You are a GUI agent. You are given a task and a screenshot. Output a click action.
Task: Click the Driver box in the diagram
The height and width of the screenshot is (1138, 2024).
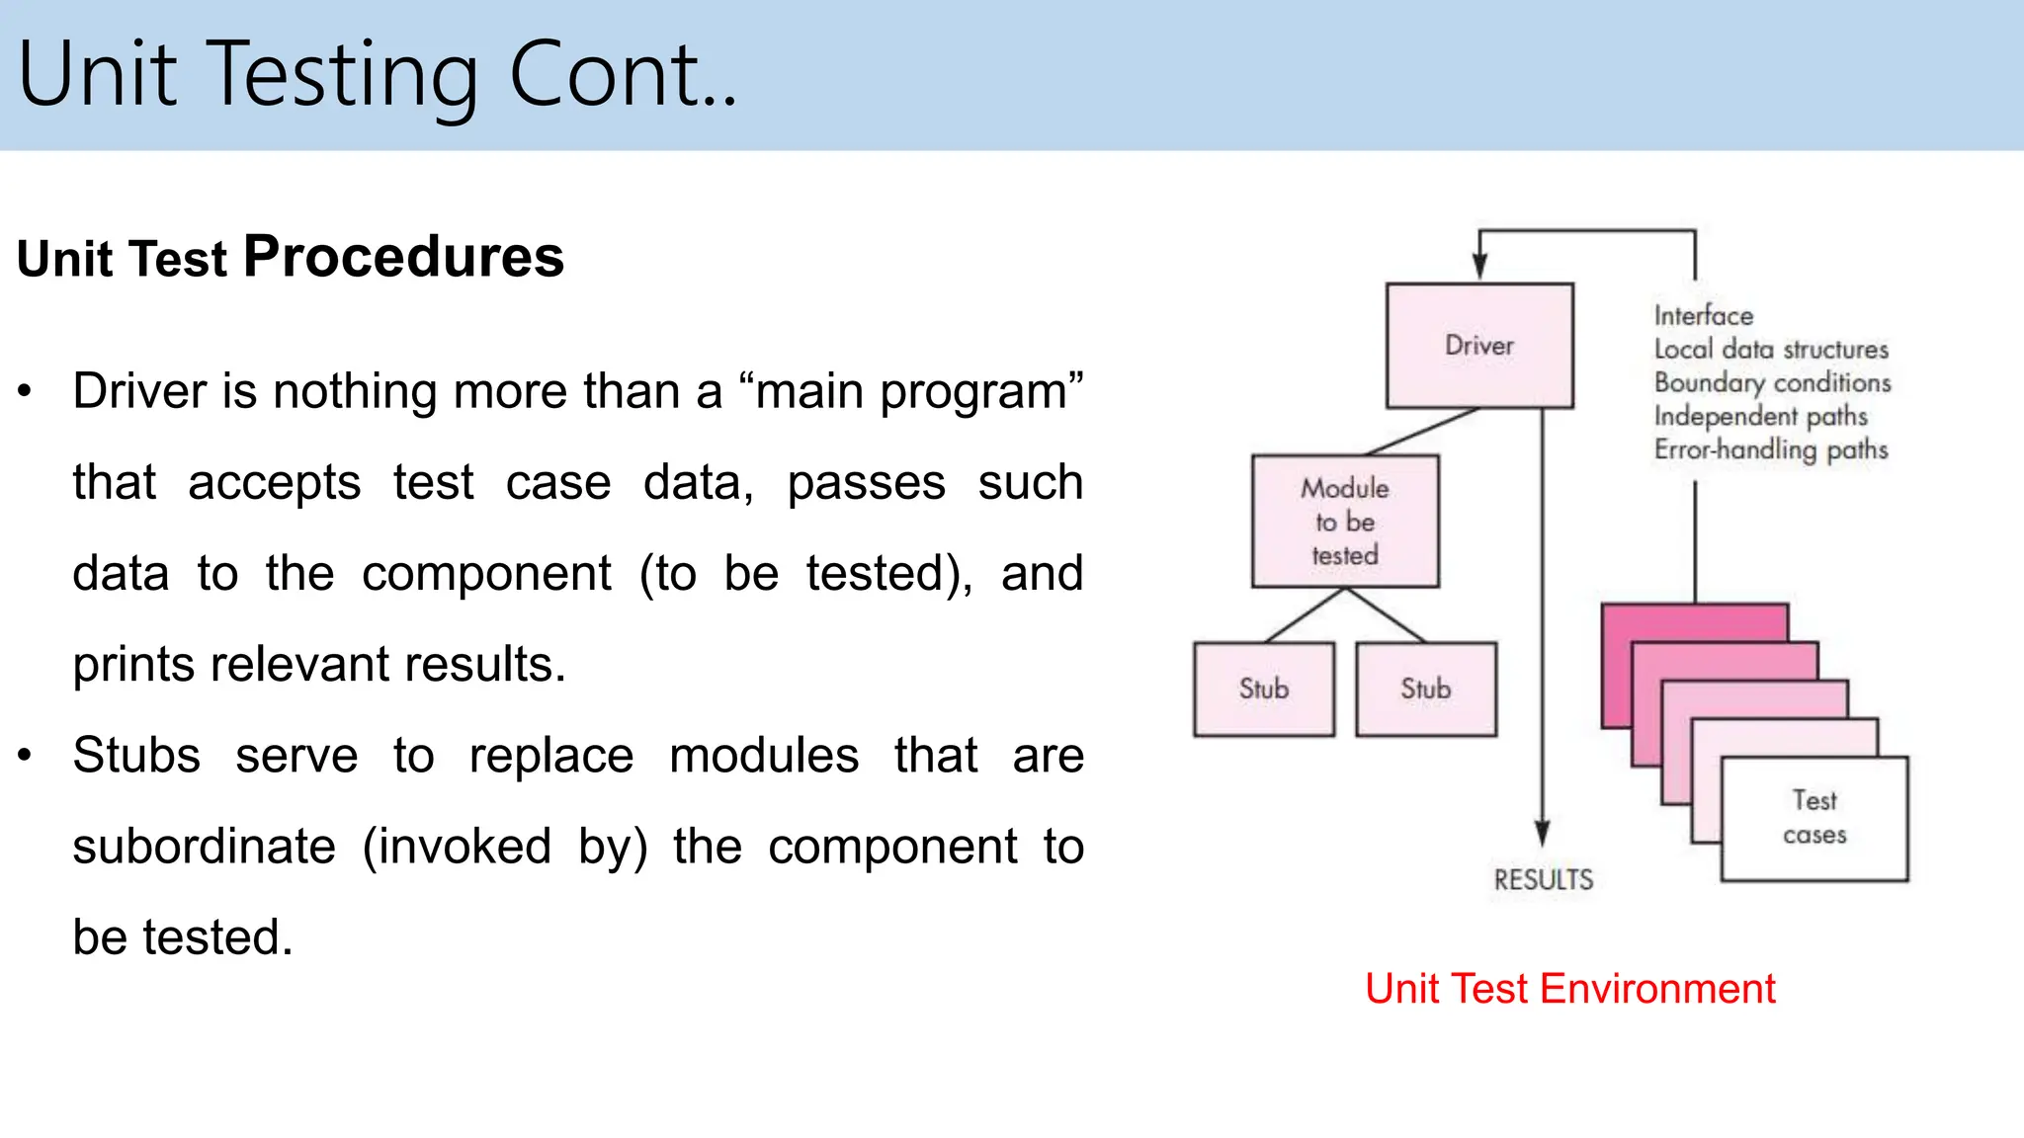[x=1479, y=346]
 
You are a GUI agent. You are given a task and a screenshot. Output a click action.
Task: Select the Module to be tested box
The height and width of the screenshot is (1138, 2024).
[x=1345, y=522]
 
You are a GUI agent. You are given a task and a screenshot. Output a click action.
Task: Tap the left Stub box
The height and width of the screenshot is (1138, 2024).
[x=1264, y=689]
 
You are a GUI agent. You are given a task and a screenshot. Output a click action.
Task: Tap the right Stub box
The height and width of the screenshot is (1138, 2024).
[x=1426, y=689]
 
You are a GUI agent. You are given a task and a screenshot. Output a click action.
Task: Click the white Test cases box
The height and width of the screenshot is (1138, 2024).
[x=1814, y=818]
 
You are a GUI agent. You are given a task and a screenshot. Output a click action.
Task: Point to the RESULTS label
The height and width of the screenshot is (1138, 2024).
[x=1543, y=879]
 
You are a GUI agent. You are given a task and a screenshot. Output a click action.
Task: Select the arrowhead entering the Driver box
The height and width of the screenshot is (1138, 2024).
[x=1479, y=266]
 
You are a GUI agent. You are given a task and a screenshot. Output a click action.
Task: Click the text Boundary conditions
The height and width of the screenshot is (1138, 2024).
[x=1772, y=382]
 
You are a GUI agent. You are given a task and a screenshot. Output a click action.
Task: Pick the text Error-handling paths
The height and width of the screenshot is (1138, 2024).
[x=1771, y=449]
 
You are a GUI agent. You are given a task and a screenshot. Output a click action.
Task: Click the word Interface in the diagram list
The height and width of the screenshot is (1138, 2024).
[x=1704, y=316]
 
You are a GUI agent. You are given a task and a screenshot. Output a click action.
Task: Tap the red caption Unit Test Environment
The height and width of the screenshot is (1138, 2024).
[x=1569, y=989]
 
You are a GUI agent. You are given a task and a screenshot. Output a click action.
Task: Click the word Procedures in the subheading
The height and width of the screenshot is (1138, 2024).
[x=403, y=257]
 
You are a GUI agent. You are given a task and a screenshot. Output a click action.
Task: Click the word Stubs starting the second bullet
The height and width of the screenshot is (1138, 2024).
[x=136, y=756]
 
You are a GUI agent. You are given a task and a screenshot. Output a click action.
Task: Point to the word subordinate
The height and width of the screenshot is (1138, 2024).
[x=204, y=847]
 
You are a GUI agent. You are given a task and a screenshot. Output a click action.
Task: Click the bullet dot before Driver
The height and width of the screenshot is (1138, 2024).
[x=26, y=391]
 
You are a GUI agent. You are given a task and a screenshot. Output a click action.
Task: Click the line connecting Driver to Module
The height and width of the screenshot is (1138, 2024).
[x=1423, y=432]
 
